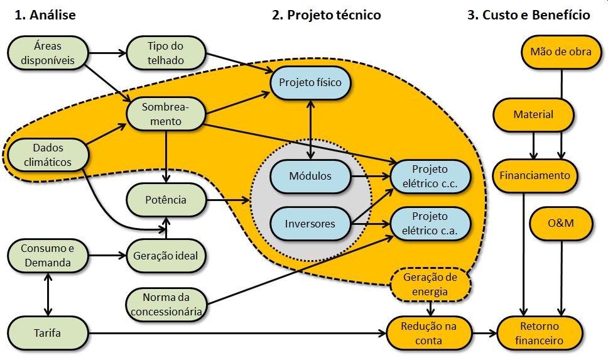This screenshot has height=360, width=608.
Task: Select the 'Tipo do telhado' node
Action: (166, 53)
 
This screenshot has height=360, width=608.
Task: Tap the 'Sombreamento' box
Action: (166, 113)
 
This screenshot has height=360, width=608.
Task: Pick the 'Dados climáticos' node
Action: (45, 155)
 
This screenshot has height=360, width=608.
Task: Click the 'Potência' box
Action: (166, 200)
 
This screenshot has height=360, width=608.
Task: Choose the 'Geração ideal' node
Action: (166, 256)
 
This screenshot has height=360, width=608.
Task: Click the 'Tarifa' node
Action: (48, 333)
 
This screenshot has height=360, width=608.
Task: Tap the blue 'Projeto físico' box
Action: (310, 82)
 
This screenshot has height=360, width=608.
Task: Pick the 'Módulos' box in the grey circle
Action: (310, 176)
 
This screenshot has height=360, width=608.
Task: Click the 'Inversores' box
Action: (310, 224)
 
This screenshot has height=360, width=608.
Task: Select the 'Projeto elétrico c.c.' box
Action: (430, 176)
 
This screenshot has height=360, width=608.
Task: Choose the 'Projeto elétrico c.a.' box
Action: (430, 224)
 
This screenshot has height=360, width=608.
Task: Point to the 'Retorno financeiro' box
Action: (539, 333)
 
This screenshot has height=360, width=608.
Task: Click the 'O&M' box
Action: (561, 223)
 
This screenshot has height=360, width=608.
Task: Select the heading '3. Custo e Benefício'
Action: (528, 15)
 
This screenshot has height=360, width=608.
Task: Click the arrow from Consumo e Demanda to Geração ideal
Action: (104, 256)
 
